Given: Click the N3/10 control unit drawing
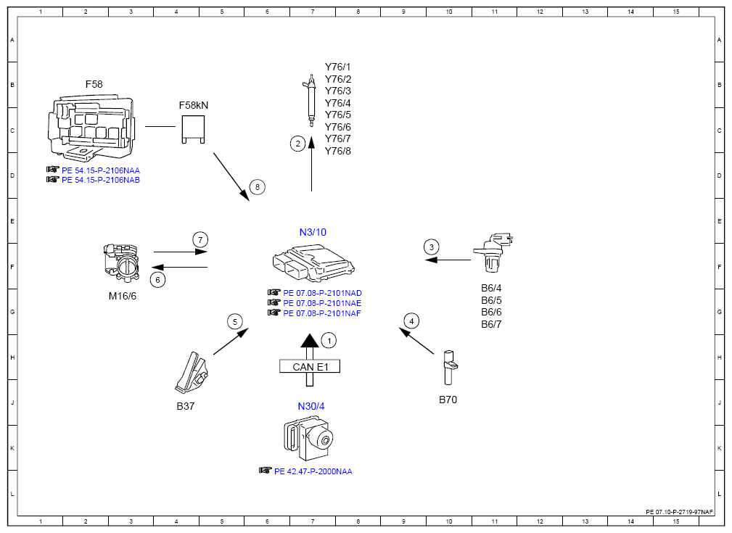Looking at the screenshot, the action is coord(313,264).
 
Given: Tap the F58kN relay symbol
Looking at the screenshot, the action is coord(193,129).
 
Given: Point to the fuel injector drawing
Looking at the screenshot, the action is coord(310,100).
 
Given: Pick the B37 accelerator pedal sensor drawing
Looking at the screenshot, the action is coord(192,373).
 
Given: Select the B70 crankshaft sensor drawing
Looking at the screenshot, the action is coord(448,368).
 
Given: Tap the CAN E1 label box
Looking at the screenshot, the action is coord(310,366).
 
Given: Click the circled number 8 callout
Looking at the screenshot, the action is coord(258,187).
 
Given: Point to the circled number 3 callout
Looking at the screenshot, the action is coord(432,247).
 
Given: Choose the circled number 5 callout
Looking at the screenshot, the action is coord(235,321).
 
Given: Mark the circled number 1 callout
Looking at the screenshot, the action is coord(329,341).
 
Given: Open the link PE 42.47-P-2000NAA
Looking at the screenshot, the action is coord(313,471).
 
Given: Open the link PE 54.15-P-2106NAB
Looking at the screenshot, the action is coord(101,180).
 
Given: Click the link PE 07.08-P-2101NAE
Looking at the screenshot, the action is coord(322,303).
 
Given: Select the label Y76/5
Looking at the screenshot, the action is coord(338,115).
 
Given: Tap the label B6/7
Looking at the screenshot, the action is coord(491,324).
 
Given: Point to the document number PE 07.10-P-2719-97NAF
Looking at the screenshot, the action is coord(680,512).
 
